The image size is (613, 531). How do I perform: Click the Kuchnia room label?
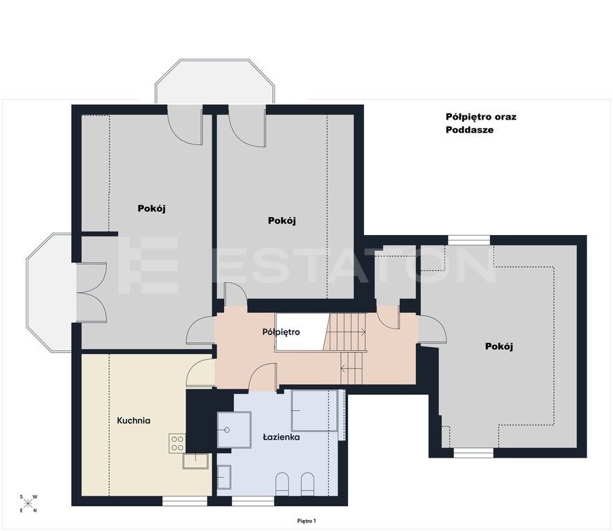tap(134, 420)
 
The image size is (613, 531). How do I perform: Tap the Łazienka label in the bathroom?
tap(282, 437)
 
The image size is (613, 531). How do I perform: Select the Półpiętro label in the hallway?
tap(281, 332)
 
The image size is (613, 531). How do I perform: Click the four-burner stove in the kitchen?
tap(177, 443)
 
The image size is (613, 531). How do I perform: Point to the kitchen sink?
tap(196, 461)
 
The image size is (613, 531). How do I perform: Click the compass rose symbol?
tap(28, 503)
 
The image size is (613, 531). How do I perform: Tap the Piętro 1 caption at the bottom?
tap(306, 521)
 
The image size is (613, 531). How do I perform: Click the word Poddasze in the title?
tap(470, 130)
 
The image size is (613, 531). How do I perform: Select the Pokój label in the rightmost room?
tap(499, 346)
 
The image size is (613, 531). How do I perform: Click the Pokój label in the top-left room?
tap(152, 209)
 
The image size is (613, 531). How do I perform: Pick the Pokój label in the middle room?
tap(282, 221)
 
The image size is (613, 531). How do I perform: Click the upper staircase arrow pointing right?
tap(347, 333)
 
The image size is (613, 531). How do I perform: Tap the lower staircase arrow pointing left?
tap(352, 368)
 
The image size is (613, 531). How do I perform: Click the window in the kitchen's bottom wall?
tap(185, 501)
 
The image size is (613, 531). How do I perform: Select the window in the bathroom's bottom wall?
tap(253, 501)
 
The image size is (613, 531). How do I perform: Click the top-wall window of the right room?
tap(468, 240)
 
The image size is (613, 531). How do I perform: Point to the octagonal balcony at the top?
tap(214, 82)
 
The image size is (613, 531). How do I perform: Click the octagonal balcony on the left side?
tap(49, 292)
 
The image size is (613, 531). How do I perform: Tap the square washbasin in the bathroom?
tap(234, 430)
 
